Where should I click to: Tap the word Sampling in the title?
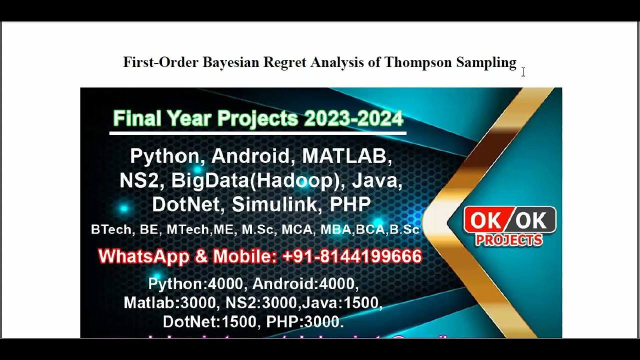(486, 62)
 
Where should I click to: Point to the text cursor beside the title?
(523, 72)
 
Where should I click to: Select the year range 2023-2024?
(353, 119)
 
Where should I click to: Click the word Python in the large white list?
(164, 156)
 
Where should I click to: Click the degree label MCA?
(298, 229)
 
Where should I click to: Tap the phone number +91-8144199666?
(352, 256)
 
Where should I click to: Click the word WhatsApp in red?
(143, 256)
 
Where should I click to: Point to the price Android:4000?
(304, 283)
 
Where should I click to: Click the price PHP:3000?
(304, 321)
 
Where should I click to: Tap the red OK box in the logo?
(487, 220)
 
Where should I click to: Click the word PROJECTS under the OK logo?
(509, 240)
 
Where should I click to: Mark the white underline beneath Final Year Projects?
(257, 133)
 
